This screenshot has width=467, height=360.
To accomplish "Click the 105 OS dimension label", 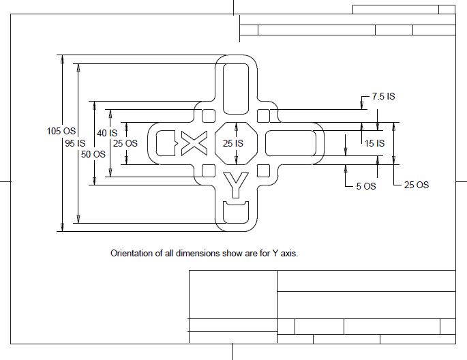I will point(60,131).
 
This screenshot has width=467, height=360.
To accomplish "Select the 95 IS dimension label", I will point(75,143).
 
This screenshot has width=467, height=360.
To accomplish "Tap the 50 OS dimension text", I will point(93,154).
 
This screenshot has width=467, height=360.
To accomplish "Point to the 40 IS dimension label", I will point(107,133).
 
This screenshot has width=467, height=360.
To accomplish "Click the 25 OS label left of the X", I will point(125,143).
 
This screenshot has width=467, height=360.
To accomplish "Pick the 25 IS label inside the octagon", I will point(233,143).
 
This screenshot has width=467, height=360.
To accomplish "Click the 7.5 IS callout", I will point(383,97).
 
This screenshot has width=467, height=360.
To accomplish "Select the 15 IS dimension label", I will point(374,143).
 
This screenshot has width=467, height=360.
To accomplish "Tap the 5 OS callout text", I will point(366,185).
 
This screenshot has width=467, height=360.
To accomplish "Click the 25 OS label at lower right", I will point(417,185).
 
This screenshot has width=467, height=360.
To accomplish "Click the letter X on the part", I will point(195,142).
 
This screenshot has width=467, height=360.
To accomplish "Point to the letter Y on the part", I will point(236,183).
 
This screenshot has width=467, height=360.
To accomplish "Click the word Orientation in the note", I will point(131,253).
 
